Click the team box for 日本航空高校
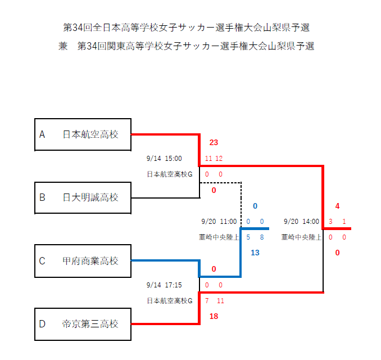tap(83, 134)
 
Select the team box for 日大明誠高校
tap(83, 197)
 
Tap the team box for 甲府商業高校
tap(83, 260)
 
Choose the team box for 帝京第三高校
tap(83, 324)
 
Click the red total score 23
tap(214, 142)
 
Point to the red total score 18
tap(214, 317)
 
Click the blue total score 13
tap(255, 253)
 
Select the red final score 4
tap(337, 206)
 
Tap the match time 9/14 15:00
tap(164, 159)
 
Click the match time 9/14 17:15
tap(164, 285)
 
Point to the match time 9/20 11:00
tap(219, 222)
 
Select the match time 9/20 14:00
tap(302, 222)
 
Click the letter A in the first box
tap(42, 134)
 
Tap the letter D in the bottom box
tap(42, 324)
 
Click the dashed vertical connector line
tap(241, 202)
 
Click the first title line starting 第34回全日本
tap(187, 28)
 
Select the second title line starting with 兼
tap(187, 46)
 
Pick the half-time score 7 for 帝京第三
tap(207, 301)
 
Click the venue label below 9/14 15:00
tap(170, 174)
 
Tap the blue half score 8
tap(262, 237)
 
